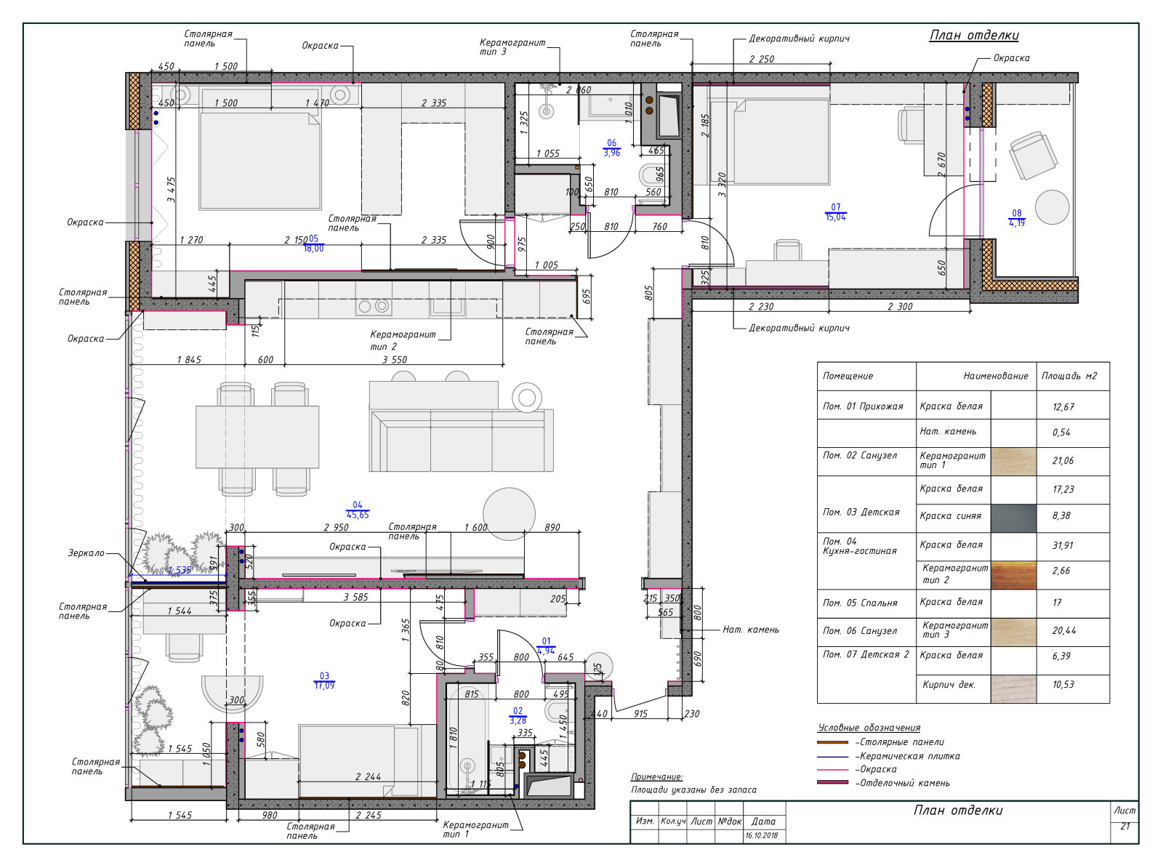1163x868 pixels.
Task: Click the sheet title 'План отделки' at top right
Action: pos(974,36)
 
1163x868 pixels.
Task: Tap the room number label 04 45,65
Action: pos(358,510)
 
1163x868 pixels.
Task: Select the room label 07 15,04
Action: pos(836,212)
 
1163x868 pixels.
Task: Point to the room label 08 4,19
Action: pos(1017,218)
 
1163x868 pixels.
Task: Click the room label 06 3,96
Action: pos(612,148)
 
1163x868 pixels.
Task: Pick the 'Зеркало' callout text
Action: pos(86,552)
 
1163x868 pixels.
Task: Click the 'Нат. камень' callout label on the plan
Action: pos(751,630)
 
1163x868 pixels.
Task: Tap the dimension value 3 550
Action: pos(395,360)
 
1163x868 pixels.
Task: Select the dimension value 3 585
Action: pos(355,598)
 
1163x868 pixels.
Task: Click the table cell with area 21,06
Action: pos(1063,460)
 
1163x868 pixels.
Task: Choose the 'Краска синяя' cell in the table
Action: pos(951,515)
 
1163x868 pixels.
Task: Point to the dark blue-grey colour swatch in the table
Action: pos(1013,518)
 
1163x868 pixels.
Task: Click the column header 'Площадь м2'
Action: pos(1069,376)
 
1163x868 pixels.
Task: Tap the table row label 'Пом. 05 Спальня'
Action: pos(860,603)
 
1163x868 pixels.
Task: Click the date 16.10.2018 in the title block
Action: pos(761,835)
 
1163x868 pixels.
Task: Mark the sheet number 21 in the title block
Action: pos(1125,826)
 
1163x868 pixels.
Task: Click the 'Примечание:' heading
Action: pos(656,777)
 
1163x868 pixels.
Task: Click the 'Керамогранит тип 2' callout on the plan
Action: pos(403,340)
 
